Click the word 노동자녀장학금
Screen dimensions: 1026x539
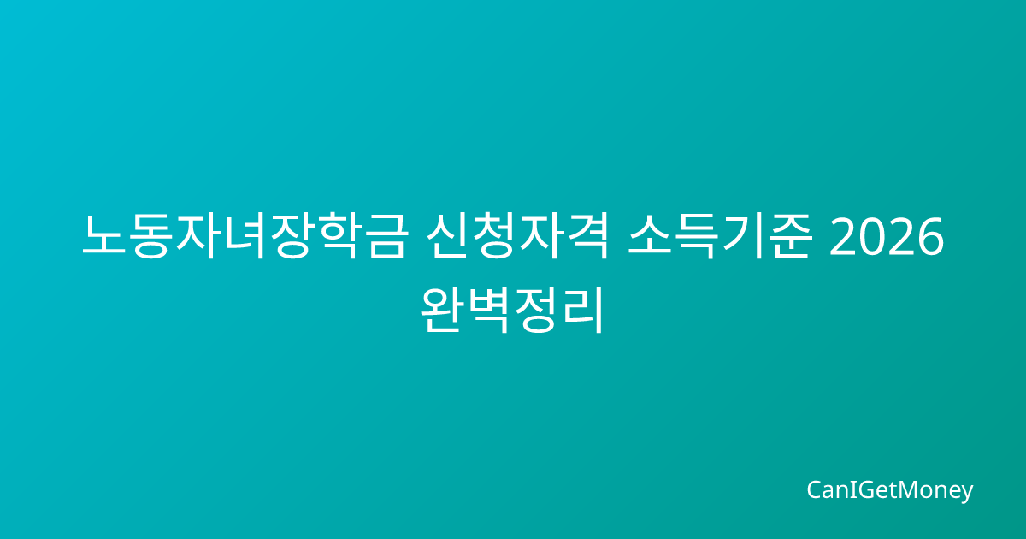pos(245,236)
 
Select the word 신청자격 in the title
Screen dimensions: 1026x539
pos(517,236)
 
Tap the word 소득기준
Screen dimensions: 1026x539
pos(720,236)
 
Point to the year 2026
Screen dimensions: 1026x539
pos(887,236)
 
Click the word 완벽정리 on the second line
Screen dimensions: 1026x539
pos(512,310)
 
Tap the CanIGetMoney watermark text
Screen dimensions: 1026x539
pos(889,490)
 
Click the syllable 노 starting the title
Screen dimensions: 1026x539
pos(104,236)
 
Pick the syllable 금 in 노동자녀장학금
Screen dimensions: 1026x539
pos(384,236)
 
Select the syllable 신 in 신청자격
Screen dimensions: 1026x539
pos(449,236)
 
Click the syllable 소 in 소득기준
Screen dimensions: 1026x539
pos(651,236)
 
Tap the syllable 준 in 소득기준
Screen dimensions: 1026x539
pos(790,236)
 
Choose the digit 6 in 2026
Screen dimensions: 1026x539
pos(931,236)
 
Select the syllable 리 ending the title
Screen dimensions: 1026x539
pos(582,310)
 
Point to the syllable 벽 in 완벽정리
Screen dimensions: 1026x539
pos(489,310)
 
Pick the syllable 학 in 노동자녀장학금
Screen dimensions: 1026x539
pos(337,236)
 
